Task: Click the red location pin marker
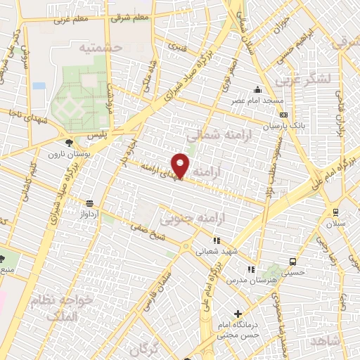pyautogui.click(x=181, y=165)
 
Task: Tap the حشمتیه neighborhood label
pyautogui.click(x=101, y=46)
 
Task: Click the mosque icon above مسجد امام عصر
pyautogui.click(x=259, y=90)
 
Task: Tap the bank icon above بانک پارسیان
pyautogui.click(x=283, y=115)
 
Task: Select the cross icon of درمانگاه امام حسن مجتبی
pyautogui.click(x=238, y=314)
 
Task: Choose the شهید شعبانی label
pyautogui.click(x=217, y=250)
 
